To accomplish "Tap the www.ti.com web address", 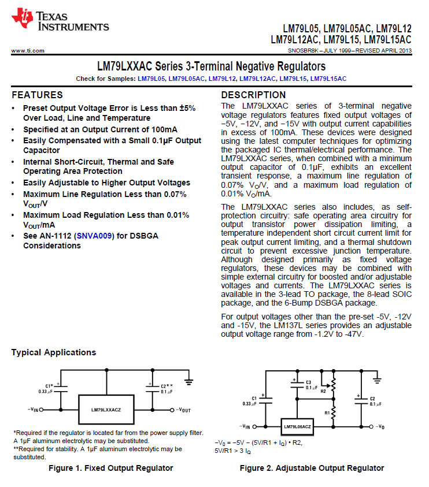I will (28, 51).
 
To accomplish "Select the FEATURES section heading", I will (37, 95).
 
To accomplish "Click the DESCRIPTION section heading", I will (253, 95).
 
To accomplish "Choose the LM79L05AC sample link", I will (186, 78).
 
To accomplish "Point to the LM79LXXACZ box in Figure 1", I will (106, 409).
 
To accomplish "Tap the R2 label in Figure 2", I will (323, 391).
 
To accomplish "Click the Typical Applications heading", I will (54, 352).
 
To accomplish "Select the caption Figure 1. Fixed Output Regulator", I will (110, 468).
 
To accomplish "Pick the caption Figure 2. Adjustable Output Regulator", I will (312, 468).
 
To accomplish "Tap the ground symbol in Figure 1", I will (188, 380).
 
